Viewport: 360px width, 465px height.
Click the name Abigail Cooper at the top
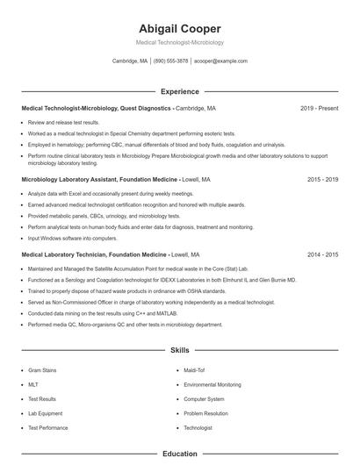click(180, 28)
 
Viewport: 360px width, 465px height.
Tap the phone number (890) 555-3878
click(171, 61)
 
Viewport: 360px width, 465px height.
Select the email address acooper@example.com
click(220, 61)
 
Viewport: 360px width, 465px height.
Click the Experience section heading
click(180, 91)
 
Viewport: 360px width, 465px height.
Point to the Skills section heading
click(180, 350)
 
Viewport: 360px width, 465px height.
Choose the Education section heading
click(180, 454)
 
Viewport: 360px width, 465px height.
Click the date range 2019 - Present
click(319, 109)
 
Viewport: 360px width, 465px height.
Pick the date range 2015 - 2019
click(322, 179)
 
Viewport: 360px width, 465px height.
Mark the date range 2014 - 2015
click(322, 254)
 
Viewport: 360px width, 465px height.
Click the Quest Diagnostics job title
click(96, 109)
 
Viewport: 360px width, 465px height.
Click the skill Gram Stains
click(42, 370)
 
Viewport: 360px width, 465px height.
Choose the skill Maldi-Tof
click(194, 370)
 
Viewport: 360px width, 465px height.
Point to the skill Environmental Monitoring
click(212, 384)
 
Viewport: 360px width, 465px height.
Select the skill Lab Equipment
click(45, 413)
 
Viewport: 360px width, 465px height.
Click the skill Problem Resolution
click(205, 413)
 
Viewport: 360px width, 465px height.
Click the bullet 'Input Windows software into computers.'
click(72, 238)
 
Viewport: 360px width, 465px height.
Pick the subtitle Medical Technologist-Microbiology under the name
click(180, 42)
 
